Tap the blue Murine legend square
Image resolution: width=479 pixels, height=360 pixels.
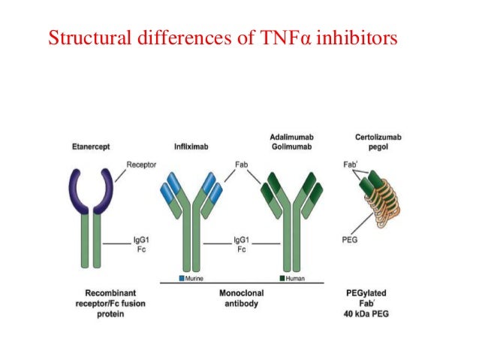pyautogui.click(x=182, y=278)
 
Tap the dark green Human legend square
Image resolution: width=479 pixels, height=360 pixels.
pyautogui.click(x=282, y=278)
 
